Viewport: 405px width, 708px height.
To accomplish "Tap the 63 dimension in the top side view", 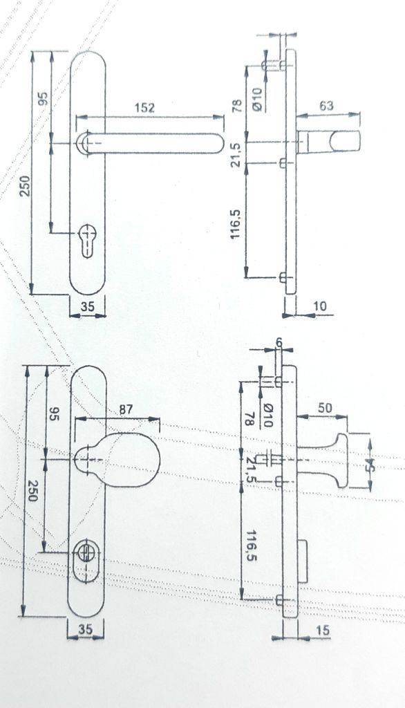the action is tap(326, 105).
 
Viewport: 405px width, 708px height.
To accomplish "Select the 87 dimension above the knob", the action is tap(126, 409).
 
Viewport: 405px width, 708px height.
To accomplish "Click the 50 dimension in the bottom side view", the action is tap(325, 408).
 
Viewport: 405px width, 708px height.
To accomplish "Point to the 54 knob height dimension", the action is tap(370, 465).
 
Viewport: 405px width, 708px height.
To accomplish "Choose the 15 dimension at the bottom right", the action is tap(322, 630).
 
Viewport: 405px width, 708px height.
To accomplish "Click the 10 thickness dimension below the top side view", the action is tap(319, 306).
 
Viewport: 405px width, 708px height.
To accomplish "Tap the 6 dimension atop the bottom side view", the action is tap(279, 343).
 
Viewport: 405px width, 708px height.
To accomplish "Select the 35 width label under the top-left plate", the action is tap(88, 306).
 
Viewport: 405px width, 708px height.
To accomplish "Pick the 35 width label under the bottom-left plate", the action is tap(85, 628).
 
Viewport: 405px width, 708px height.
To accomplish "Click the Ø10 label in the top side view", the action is tap(256, 99).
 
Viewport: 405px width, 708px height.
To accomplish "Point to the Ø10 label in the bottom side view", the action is tap(267, 416).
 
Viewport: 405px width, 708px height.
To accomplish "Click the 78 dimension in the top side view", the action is tap(237, 106).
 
